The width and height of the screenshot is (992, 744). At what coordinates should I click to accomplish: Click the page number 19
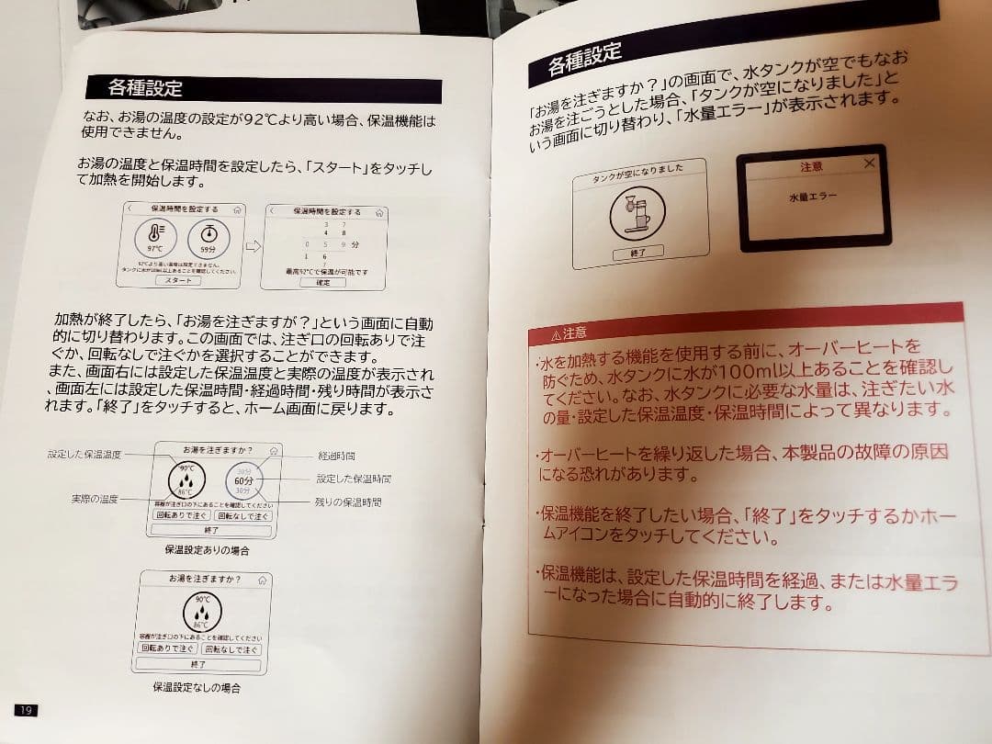pyautogui.click(x=26, y=709)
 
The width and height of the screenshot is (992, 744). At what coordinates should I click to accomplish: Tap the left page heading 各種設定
pyautogui.click(x=144, y=88)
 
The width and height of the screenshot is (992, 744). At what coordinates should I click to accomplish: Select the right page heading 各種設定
pyautogui.click(x=584, y=60)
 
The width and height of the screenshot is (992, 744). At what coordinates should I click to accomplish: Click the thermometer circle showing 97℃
pyautogui.click(x=155, y=239)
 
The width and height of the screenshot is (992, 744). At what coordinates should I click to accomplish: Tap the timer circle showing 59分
pyautogui.click(x=209, y=239)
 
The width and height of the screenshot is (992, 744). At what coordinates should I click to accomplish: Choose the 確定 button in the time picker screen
pyautogui.click(x=322, y=283)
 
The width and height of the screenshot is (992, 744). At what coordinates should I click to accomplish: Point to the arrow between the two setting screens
pyautogui.click(x=254, y=246)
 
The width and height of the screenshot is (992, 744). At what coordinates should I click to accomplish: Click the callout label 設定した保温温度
pyautogui.click(x=84, y=455)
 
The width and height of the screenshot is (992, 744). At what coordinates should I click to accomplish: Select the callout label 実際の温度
pyautogui.click(x=96, y=499)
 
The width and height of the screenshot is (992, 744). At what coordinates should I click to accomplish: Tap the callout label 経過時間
pyautogui.click(x=336, y=456)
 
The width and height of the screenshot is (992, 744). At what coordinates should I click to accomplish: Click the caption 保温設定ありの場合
pyautogui.click(x=207, y=550)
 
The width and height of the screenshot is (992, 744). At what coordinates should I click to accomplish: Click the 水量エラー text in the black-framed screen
pyautogui.click(x=812, y=197)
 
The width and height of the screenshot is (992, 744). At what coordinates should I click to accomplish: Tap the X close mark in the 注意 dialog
pyautogui.click(x=869, y=163)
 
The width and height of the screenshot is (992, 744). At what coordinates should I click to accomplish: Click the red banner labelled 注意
pyautogui.click(x=744, y=324)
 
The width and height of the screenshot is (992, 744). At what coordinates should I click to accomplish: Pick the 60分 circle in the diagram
pyautogui.click(x=243, y=480)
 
